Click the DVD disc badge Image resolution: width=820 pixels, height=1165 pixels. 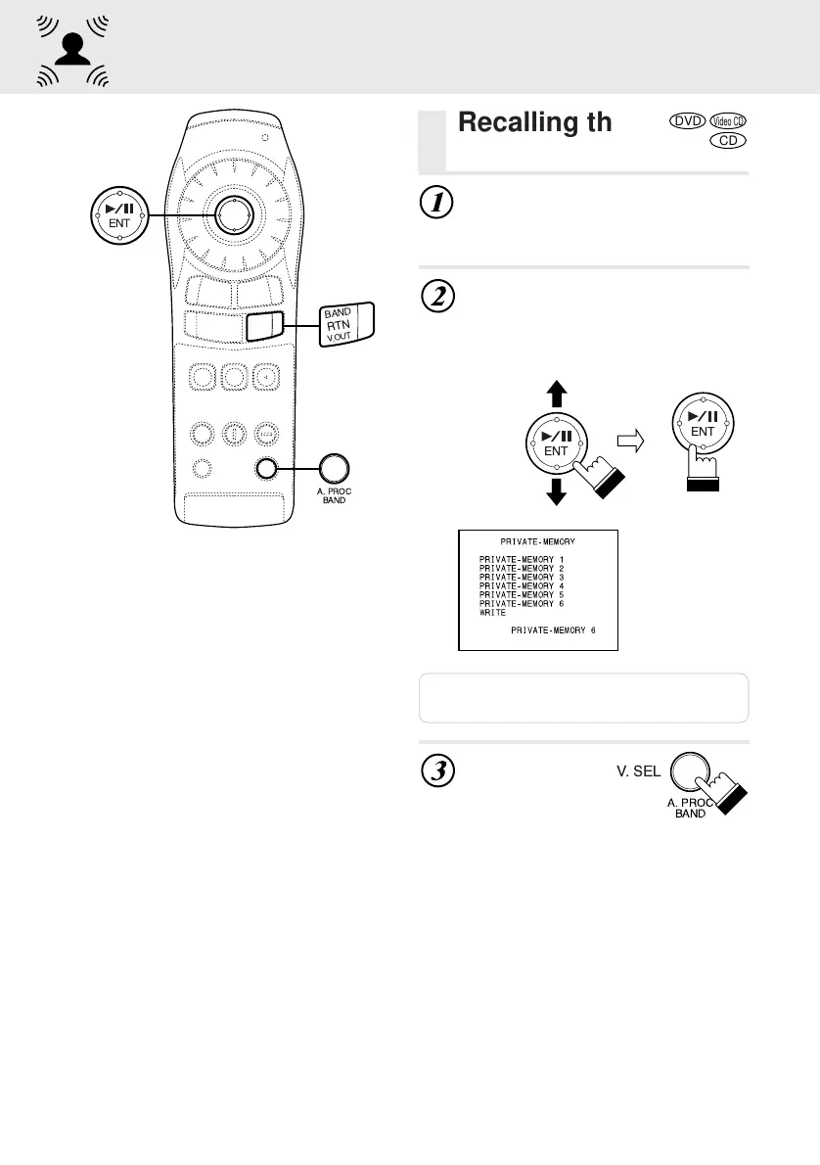pos(689,121)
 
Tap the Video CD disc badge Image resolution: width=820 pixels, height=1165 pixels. pos(729,121)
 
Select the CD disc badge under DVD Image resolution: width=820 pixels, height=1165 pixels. pos(728,141)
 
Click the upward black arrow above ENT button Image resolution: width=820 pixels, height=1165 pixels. pos(557,394)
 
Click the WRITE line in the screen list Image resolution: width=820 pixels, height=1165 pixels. pos(491,613)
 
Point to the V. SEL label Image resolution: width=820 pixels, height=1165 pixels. pos(637,770)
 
